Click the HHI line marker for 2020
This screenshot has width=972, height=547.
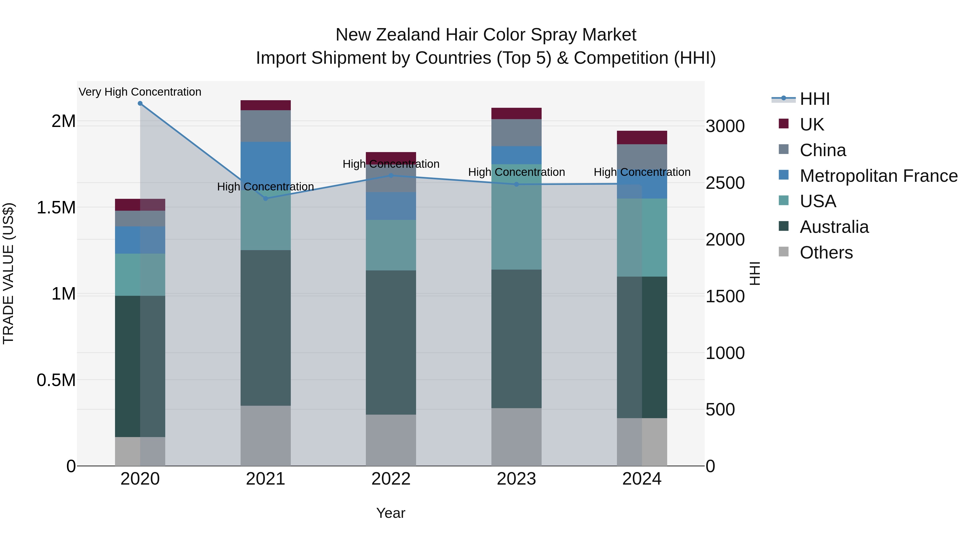coord(140,103)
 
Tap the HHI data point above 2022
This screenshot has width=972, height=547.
coord(391,176)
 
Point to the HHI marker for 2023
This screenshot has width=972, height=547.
coord(517,184)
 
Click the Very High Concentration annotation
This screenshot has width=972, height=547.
coord(140,92)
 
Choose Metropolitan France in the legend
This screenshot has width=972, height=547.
coord(878,176)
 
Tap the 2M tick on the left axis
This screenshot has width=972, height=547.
coord(63,121)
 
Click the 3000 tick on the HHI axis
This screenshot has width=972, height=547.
coord(725,126)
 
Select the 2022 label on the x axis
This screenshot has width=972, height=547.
coord(391,479)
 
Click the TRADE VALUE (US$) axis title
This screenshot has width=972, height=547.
coord(8,273)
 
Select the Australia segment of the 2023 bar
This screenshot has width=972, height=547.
coord(516,339)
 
